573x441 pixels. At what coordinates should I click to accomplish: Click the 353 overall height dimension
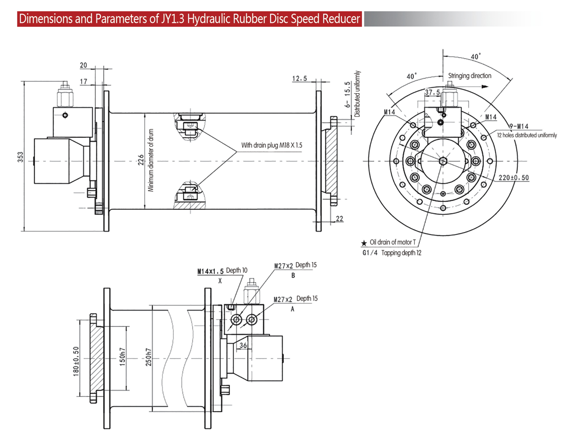click(18, 157)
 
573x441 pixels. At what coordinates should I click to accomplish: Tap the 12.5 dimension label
click(300, 78)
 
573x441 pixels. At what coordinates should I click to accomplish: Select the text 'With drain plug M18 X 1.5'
click(272, 145)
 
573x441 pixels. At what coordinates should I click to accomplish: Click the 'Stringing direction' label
click(469, 76)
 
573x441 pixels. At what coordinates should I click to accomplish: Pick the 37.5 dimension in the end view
click(432, 92)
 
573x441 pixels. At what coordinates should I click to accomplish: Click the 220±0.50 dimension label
click(514, 177)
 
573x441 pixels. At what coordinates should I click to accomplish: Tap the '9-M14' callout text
click(518, 126)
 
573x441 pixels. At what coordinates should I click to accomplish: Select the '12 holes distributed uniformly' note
click(527, 135)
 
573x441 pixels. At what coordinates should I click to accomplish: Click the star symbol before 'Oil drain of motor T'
click(363, 244)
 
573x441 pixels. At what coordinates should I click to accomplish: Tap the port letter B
click(293, 276)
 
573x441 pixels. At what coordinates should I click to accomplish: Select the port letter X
click(220, 280)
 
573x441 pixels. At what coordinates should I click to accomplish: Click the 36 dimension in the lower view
click(243, 345)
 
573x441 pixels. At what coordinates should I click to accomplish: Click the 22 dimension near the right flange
click(340, 218)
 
